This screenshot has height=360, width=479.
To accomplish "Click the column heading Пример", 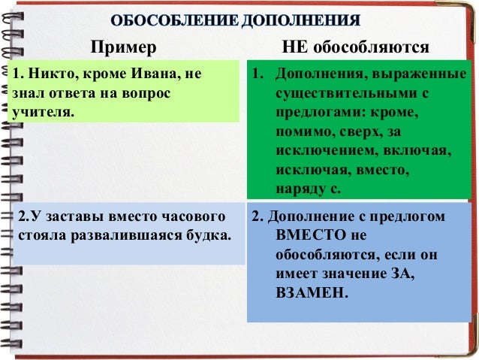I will point(124,48).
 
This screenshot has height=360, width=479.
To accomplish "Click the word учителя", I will point(43,113).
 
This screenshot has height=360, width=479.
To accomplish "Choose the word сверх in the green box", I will point(361,132).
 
